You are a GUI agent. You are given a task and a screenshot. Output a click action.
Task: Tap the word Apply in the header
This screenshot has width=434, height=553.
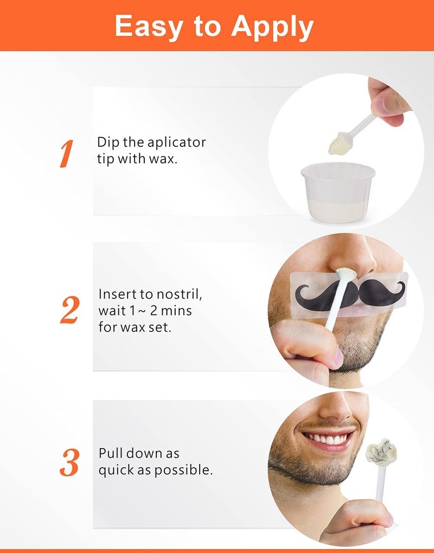click(273, 27)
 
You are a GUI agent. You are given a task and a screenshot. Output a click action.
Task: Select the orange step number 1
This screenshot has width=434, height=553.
click(66, 154)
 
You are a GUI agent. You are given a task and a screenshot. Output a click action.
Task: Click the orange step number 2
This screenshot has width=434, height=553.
click(69, 310)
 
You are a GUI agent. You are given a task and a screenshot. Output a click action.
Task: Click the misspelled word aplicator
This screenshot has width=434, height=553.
click(177, 142)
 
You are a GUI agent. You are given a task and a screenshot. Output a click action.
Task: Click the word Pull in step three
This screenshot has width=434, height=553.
click(111, 453)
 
